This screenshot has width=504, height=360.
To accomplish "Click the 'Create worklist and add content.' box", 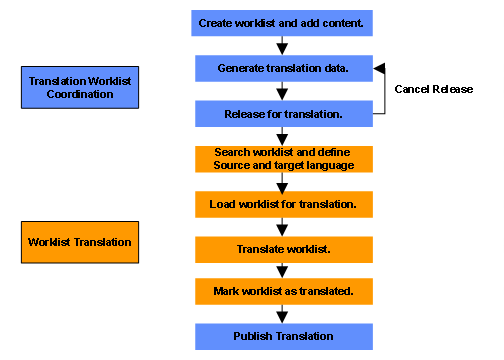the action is point(282,23).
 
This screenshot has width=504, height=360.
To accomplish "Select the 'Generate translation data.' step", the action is point(284,68).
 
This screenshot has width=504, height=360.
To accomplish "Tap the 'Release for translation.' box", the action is point(284,114).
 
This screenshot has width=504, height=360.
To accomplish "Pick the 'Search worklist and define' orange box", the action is point(284,159).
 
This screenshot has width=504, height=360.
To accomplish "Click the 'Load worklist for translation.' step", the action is point(284,204).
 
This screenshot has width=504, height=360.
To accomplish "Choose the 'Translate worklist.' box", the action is point(284,250).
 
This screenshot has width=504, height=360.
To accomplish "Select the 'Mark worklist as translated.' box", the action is point(284,292).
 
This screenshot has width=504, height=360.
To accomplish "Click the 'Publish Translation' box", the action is point(284,337).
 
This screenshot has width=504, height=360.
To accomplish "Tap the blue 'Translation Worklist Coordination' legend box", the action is point(80,87).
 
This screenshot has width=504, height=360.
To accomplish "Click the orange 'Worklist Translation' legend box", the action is point(80,242).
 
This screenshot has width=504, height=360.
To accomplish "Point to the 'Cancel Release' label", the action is point(434,89).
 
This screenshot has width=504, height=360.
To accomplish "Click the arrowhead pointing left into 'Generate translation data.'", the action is point(379,68).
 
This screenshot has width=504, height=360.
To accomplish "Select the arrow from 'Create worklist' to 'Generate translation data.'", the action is point(282,46).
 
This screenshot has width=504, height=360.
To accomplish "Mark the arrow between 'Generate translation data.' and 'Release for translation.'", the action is point(282,91).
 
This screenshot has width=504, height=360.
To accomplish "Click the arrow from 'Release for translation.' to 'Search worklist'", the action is point(282,136).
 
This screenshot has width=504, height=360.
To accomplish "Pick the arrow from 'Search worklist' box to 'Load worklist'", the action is point(282,182).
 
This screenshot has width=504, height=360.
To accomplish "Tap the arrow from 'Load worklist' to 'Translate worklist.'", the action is point(282,227).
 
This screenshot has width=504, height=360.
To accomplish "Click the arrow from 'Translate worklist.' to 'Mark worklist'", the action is point(282,271).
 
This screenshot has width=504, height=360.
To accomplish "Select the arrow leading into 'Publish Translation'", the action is point(282,314).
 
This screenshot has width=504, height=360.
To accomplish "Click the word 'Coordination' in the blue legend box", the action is point(80,94).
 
